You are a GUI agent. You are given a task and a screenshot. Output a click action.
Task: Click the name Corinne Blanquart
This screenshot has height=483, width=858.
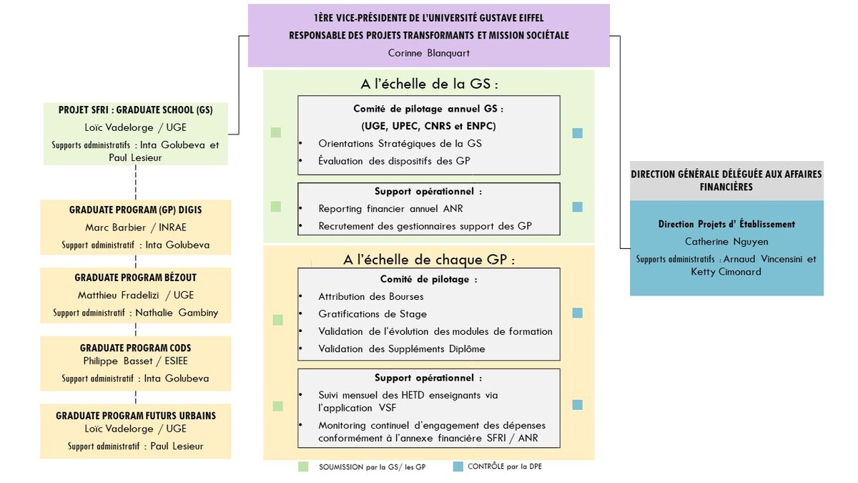428,53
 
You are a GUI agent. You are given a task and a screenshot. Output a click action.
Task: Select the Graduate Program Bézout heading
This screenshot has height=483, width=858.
135,278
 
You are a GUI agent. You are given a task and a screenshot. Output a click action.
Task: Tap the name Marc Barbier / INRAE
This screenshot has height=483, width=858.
135,228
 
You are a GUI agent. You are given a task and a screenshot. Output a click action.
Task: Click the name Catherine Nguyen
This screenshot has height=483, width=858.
726,242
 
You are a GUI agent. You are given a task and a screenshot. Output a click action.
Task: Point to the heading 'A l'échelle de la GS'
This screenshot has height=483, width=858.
429,84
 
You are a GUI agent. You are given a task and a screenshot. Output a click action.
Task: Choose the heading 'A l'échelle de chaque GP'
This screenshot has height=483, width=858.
429,259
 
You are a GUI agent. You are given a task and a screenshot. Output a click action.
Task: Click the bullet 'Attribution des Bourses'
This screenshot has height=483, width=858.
370,296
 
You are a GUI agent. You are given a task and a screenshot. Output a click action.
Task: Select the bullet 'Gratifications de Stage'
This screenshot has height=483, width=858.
372,314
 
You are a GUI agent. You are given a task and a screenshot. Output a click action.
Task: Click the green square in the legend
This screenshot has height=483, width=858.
304,467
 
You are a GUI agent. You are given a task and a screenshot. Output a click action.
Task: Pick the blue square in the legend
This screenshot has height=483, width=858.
458,467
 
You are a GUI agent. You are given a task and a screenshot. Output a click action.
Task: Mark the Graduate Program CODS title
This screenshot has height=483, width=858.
135,348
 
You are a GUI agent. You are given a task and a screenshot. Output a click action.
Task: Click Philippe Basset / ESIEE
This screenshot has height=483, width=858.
135,361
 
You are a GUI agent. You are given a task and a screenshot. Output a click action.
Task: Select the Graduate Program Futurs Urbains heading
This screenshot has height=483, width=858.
135,416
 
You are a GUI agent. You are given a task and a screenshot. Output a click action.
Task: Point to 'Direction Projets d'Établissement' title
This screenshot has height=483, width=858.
726,224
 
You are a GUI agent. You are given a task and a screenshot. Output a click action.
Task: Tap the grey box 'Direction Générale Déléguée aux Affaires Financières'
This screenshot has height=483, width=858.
726,180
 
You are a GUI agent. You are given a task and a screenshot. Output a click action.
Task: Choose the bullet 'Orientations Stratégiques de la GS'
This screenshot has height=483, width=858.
400,144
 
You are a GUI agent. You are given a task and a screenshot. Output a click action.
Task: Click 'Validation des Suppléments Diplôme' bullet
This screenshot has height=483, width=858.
401,349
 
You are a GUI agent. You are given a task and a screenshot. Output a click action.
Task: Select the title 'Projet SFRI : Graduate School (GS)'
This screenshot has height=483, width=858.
135,110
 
